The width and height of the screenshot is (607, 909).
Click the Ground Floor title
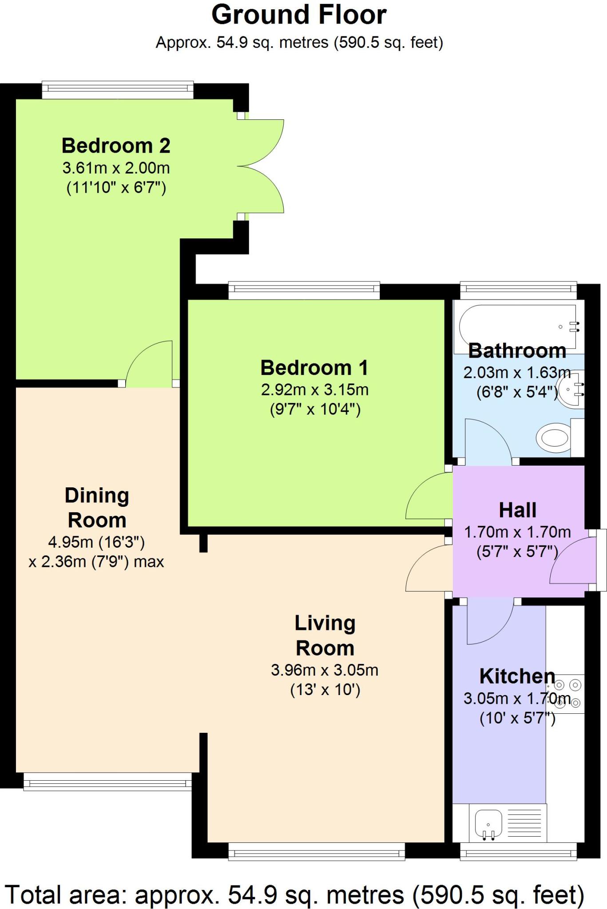pos(299,15)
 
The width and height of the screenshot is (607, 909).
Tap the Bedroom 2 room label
pos(116,146)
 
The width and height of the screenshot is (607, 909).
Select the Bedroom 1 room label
pos(314,368)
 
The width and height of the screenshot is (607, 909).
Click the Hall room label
pos(518,510)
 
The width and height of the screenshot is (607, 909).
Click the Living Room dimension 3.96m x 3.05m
pos(325,670)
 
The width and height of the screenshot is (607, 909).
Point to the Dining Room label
pos(97,508)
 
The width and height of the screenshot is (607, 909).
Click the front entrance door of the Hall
pos(573,560)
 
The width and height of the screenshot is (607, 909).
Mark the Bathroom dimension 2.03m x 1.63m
pos(517,372)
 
